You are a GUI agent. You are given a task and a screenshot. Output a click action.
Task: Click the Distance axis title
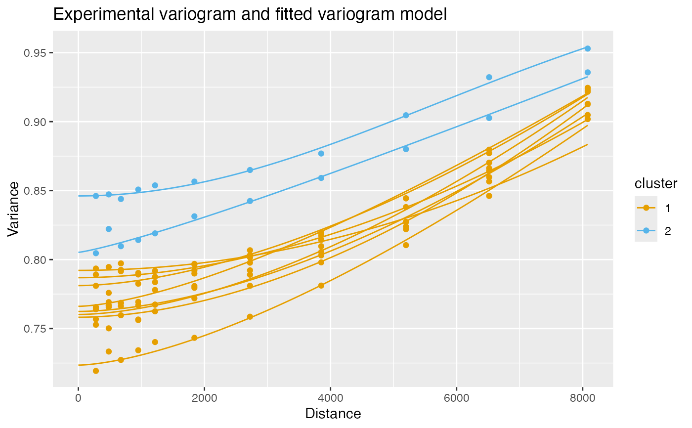coord(333,414)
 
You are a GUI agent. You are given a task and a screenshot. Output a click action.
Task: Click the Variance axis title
coord(13,209)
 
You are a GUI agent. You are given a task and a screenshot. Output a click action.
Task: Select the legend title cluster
coord(655,183)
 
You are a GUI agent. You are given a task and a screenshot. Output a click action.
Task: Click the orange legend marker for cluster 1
coord(646,208)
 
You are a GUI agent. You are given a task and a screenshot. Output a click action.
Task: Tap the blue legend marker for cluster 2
coord(646,231)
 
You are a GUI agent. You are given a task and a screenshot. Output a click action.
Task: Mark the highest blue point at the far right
coord(587,48)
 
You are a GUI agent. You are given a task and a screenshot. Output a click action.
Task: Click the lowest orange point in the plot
coord(95,371)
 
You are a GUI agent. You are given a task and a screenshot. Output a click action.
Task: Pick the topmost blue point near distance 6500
coord(489,77)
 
